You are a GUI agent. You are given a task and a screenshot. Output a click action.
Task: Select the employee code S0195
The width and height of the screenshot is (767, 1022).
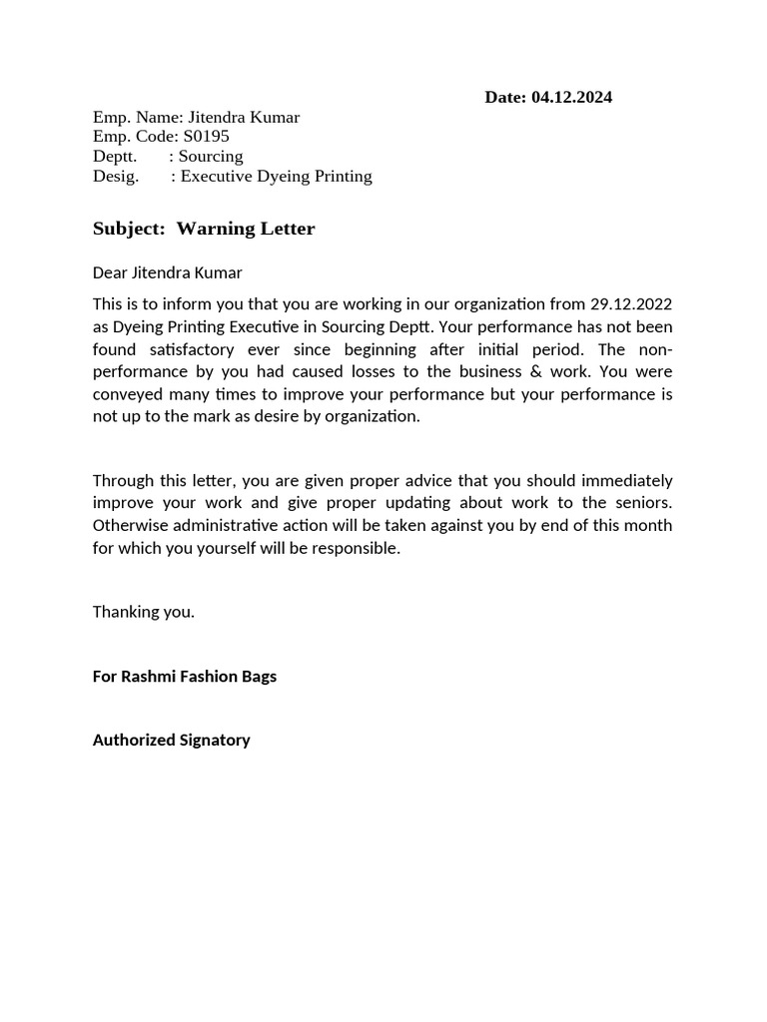206,137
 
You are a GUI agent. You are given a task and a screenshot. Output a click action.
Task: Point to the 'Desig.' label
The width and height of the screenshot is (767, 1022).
115,177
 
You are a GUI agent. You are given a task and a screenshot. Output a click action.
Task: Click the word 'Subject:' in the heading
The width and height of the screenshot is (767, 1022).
129,229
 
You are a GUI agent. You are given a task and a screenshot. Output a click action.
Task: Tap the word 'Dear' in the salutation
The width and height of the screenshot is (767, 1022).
110,272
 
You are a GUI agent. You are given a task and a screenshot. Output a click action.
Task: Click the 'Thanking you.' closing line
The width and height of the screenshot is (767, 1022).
144,612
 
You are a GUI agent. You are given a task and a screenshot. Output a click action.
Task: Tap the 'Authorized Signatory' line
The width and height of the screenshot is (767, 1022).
171,741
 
